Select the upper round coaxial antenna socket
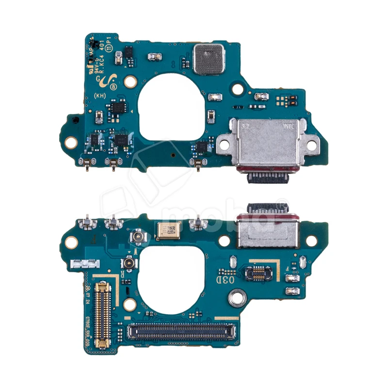136,238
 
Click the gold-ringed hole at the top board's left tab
71,142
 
